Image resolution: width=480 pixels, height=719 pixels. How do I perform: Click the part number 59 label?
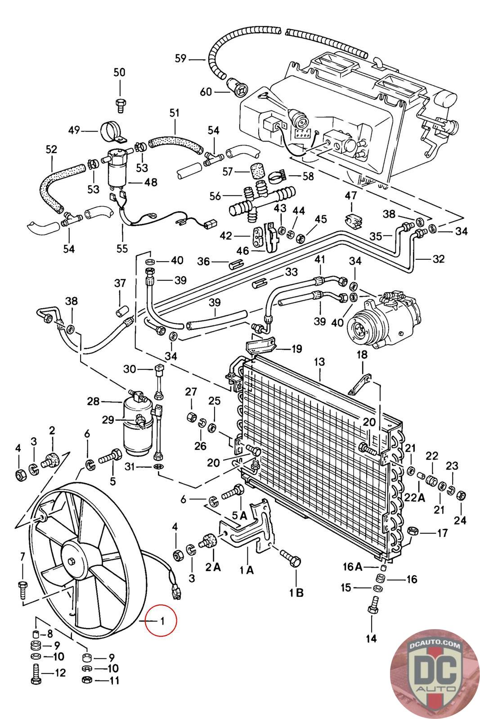click(x=180, y=59)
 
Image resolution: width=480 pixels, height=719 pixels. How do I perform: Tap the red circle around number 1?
click(x=161, y=621)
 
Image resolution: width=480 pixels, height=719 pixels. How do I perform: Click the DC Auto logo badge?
click(x=435, y=674)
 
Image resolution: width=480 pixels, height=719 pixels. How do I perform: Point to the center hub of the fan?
click(x=72, y=561)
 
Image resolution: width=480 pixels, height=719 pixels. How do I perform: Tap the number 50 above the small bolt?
click(x=119, y=72)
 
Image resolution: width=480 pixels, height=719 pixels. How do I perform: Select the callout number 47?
click(x=351, y=195)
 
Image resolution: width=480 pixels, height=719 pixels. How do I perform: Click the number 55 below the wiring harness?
click(x=122, y=248)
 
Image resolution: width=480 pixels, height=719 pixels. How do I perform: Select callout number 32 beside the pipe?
click(x=438, y=259)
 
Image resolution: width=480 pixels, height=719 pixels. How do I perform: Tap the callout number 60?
click(x=206, y=92)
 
